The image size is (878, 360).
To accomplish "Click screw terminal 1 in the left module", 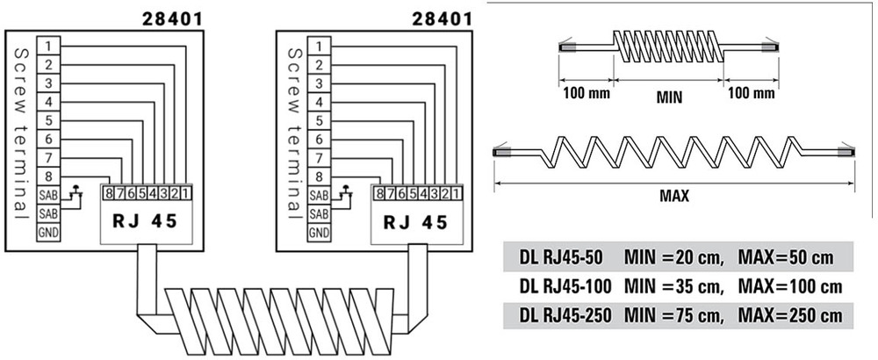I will pos(49,45).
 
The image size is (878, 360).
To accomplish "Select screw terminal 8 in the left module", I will pos(49,176).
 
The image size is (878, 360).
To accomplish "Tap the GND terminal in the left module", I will pos(49,233).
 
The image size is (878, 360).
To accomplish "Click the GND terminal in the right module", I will pos(320,233).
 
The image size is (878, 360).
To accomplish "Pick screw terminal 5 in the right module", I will pos(320,120).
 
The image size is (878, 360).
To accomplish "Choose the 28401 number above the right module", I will pos(443,17).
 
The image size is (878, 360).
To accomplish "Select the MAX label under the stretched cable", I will pos(673,197).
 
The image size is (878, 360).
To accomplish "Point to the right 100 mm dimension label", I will pos(752,92).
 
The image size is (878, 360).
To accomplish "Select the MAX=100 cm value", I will pos(790,286).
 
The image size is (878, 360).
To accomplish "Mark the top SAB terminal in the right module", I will pos(320,194).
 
